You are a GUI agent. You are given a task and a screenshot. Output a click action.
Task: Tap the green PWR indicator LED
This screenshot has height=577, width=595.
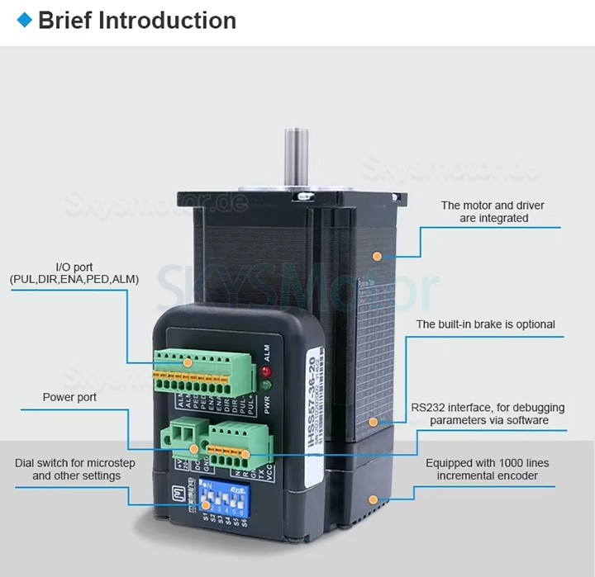[x=265, y=385]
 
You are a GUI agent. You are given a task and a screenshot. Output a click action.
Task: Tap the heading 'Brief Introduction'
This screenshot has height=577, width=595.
[x=137, y=21]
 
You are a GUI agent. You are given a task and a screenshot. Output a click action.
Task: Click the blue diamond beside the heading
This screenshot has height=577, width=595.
[x=24, y=20]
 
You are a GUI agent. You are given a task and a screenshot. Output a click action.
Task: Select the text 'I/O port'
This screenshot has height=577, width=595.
[x=74, y=267]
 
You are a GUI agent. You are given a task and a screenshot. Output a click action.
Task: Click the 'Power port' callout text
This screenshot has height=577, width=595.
[x=69, y=398]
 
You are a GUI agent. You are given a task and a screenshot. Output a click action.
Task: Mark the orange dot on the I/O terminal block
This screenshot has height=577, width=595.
[x=188, y=362]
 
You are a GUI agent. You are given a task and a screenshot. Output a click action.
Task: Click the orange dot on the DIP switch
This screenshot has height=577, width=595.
[x=206, y=504]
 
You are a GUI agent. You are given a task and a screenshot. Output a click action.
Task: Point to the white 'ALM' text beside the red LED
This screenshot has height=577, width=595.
[x=266, y=350]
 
